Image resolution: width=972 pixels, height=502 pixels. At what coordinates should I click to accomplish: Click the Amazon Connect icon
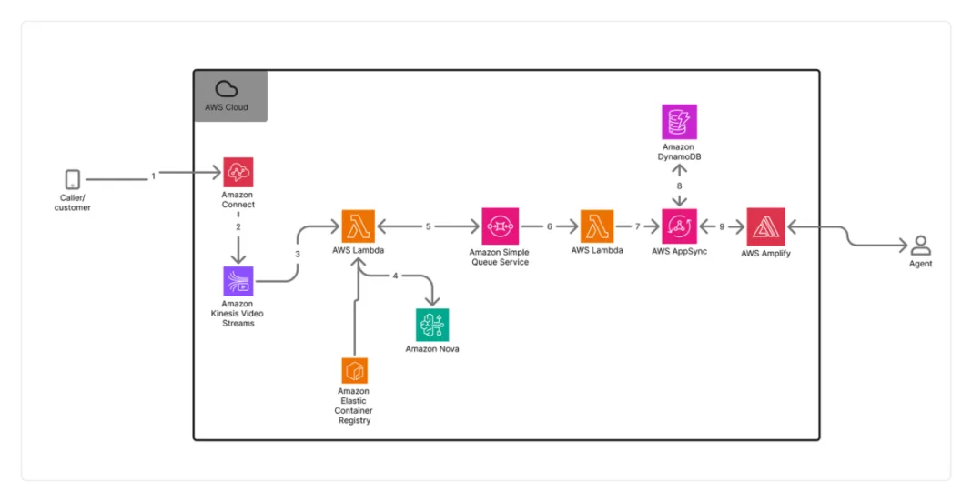coord(238,172)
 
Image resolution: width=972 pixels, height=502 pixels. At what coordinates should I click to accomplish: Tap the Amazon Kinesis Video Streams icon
coord(238,281)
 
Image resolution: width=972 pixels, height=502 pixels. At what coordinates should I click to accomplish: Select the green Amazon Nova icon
coord(431,325)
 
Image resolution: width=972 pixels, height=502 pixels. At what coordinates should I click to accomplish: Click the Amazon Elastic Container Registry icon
coord(354,370)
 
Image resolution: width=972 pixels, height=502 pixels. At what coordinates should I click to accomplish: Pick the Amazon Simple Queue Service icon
coord(498,226)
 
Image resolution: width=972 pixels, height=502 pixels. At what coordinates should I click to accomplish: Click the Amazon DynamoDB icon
coord(679,122)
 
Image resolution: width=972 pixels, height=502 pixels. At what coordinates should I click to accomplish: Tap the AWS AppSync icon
coord(679,226)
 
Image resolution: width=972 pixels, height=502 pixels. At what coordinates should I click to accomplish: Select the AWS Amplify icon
coord(764,226)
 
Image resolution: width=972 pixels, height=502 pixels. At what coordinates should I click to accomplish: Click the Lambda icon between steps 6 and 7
coord(597,226)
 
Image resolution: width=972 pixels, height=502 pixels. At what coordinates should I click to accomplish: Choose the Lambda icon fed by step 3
coord(358,226)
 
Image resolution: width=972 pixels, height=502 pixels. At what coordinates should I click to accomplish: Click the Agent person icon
coord(920,246)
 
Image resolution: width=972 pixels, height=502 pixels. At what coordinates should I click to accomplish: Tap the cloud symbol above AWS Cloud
coord(226,89)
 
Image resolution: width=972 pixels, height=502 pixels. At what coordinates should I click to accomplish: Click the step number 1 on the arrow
coord(154,176)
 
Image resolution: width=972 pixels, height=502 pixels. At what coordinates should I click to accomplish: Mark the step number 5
coord(428,226)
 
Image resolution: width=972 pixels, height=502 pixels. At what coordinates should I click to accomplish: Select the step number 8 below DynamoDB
coord(679,186)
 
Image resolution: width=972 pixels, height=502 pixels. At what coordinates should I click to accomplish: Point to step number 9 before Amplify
coord(722,226)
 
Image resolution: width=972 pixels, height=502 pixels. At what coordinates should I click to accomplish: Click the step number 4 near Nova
coord(395,275)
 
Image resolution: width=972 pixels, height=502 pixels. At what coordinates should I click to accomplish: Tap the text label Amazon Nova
coord(431,348)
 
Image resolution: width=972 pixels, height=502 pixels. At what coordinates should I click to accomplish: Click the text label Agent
coord(920,264)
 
